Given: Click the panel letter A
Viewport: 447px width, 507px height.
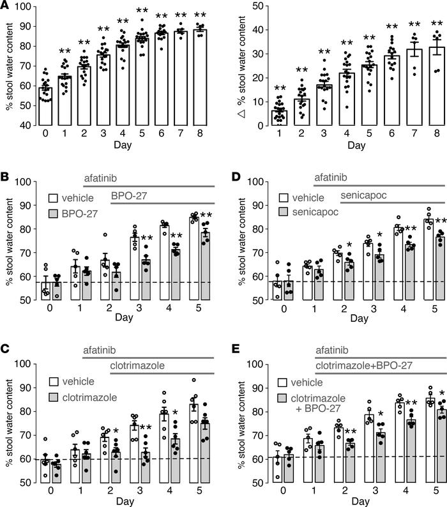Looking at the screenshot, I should (x=7, y=7).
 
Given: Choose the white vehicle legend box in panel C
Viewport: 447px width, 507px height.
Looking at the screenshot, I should (x=55, y=384).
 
